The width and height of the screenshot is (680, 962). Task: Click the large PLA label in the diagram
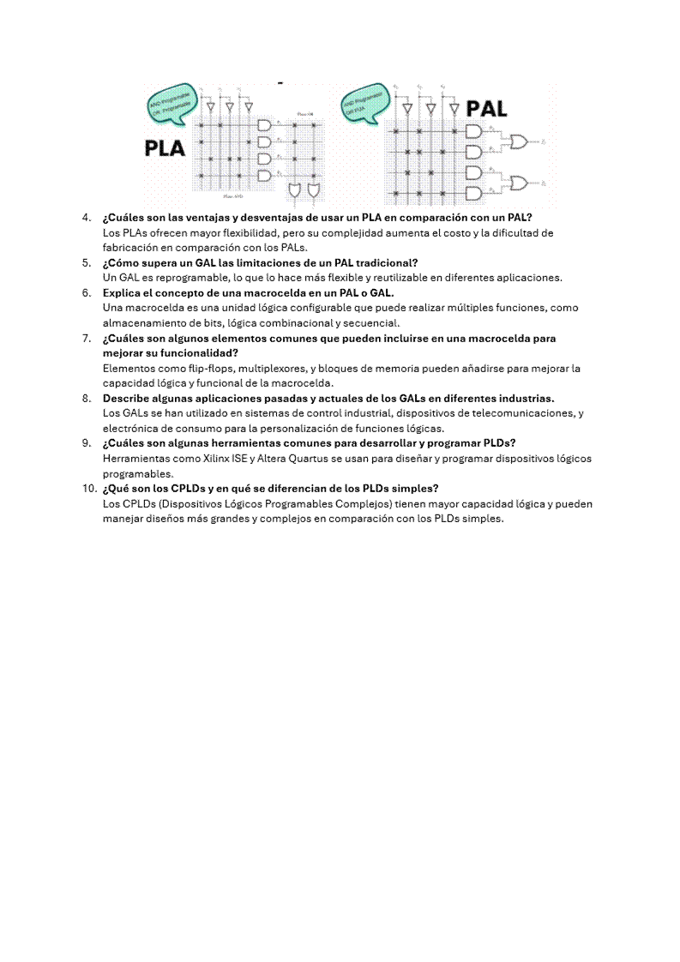click(x=165, y=147)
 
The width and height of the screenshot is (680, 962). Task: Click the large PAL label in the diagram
click(x=486, y=109)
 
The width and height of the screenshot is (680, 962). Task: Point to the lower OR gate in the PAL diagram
click(x=519, y=183)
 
